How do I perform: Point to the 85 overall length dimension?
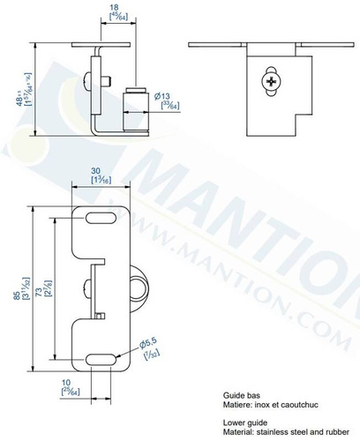pyautogui.click(x=17, y=296)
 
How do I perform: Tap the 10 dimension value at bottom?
pyautogui.click(x=67, y=385)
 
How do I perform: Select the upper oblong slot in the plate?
pyautogui.click(x=103, y=217)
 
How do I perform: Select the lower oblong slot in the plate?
pyautogui.click(x=103, y=356)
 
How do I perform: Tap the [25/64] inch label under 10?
pyautogui.click(x=67, y=393)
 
